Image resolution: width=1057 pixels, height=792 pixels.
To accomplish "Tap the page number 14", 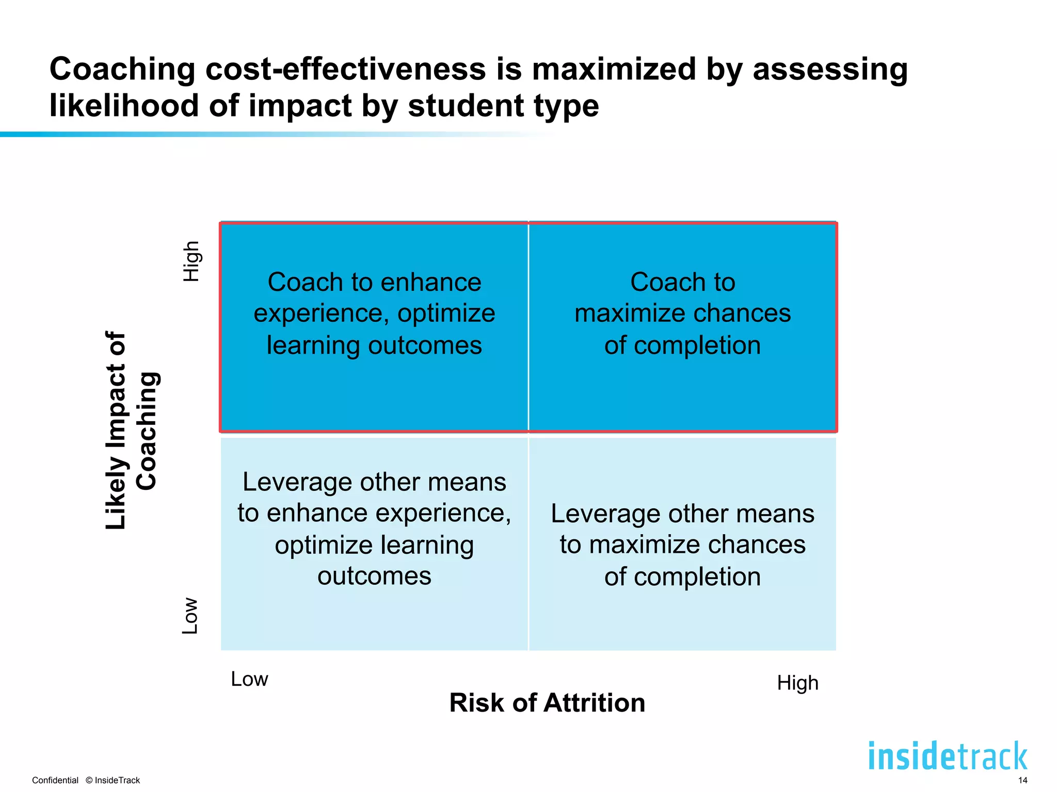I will coord(1022,780).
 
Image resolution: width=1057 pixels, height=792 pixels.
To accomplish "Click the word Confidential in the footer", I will coord(55,780).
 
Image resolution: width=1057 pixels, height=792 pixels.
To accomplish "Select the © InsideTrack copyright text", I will coord(113,780).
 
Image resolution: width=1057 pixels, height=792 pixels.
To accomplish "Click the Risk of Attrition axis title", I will coord(547,703).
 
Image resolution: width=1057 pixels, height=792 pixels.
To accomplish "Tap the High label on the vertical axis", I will coord(191,261).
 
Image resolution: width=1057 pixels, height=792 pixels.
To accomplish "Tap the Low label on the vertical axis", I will coord(190,616).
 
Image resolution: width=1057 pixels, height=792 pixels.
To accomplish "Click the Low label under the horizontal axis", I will coord(249,679).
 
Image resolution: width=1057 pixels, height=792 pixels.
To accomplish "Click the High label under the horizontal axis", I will coord(797,683).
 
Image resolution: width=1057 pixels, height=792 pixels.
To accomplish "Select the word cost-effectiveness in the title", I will coord(345,69).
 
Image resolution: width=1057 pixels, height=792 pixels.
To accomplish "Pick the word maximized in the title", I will coord(614,69).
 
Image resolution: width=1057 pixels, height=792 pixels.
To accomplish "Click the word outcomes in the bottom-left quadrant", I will coord(374,575).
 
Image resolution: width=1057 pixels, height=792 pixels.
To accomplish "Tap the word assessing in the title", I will coord(830,69).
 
